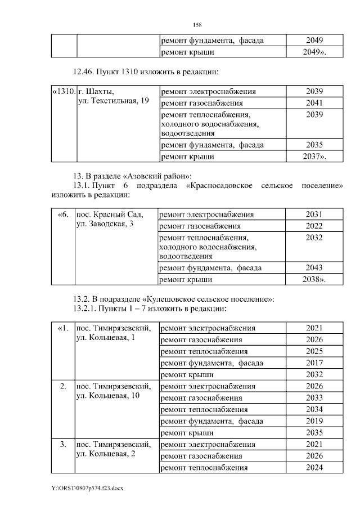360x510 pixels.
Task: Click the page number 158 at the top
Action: tap(197, 25)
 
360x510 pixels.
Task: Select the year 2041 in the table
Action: tap(314, 103)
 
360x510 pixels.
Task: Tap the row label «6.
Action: tap(64, 214)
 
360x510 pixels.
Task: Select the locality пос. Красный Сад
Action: tap(110, 214)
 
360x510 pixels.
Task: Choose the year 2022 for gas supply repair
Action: tap(314, 226)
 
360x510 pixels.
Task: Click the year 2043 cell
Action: tap(314, 268)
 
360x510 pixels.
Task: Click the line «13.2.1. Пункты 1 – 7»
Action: tap(150, 309)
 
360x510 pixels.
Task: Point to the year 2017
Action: tap(314, 363)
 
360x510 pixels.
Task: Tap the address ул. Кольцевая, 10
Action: tap(107, 396)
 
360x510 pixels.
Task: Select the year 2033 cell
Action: tap(314, 397)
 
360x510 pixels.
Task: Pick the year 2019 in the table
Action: tap(314, 420)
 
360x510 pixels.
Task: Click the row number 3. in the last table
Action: tap(64, 444)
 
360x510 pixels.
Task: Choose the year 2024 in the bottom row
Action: tap(314, 467)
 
